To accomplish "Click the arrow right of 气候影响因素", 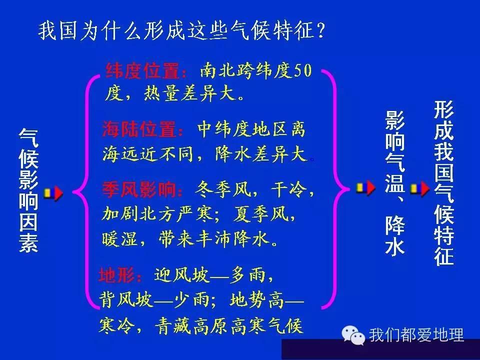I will coord(53,192).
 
